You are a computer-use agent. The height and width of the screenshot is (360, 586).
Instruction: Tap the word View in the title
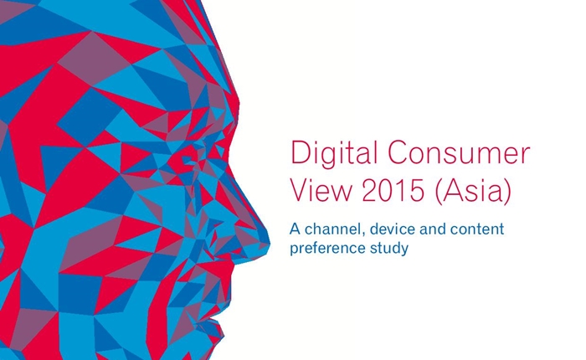point(321,190)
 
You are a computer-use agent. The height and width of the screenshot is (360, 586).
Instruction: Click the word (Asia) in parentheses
point(473,191)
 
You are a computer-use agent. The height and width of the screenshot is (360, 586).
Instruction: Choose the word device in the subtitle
point(393,229)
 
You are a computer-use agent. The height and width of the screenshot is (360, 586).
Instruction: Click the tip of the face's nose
point(269,242)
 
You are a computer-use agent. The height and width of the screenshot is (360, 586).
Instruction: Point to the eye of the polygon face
point(188,160)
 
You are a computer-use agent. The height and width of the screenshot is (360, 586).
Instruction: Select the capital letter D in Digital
point(300,152)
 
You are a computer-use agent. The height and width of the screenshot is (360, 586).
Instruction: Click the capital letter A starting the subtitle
point(296,229)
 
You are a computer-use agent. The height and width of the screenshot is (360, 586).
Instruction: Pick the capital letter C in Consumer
point(398,152)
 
